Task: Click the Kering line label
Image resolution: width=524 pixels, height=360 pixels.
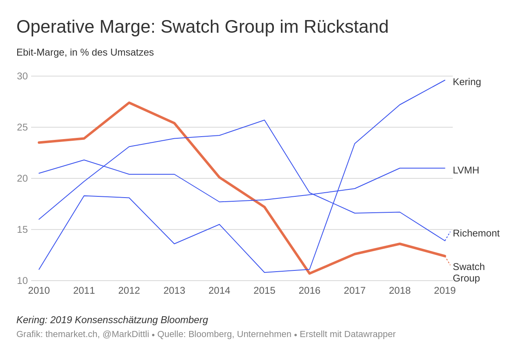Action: [467, 82]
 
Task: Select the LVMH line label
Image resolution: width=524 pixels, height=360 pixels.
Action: [466, 170]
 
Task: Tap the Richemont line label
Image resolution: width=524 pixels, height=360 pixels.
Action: [476, 233]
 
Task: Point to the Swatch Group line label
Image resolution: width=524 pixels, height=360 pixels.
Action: [469, 272]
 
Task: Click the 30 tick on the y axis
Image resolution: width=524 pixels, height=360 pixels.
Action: [22, 76]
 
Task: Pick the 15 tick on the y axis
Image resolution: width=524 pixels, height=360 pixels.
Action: [22, 229]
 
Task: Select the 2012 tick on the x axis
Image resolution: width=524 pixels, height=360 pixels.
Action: [129, 290]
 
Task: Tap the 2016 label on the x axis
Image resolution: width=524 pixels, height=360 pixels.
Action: [309, 290]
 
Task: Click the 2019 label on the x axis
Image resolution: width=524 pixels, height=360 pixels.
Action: [445, 290]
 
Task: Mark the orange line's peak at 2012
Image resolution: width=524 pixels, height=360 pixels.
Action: [129, 103]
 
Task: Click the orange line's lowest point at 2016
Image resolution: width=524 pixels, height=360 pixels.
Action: [309, 273]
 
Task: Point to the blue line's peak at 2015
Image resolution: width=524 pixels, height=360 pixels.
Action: [264, 120]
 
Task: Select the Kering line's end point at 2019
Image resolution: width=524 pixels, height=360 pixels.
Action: [445, 80]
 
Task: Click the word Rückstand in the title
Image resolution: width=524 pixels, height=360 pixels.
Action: [346, 27]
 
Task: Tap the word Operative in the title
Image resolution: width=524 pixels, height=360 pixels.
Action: [55, 27]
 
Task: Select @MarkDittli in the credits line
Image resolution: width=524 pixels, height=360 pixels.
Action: [126, 334]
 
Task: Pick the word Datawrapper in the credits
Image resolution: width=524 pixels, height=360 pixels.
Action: [370, 334]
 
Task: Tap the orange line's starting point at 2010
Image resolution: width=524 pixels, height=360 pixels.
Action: [39, 142]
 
